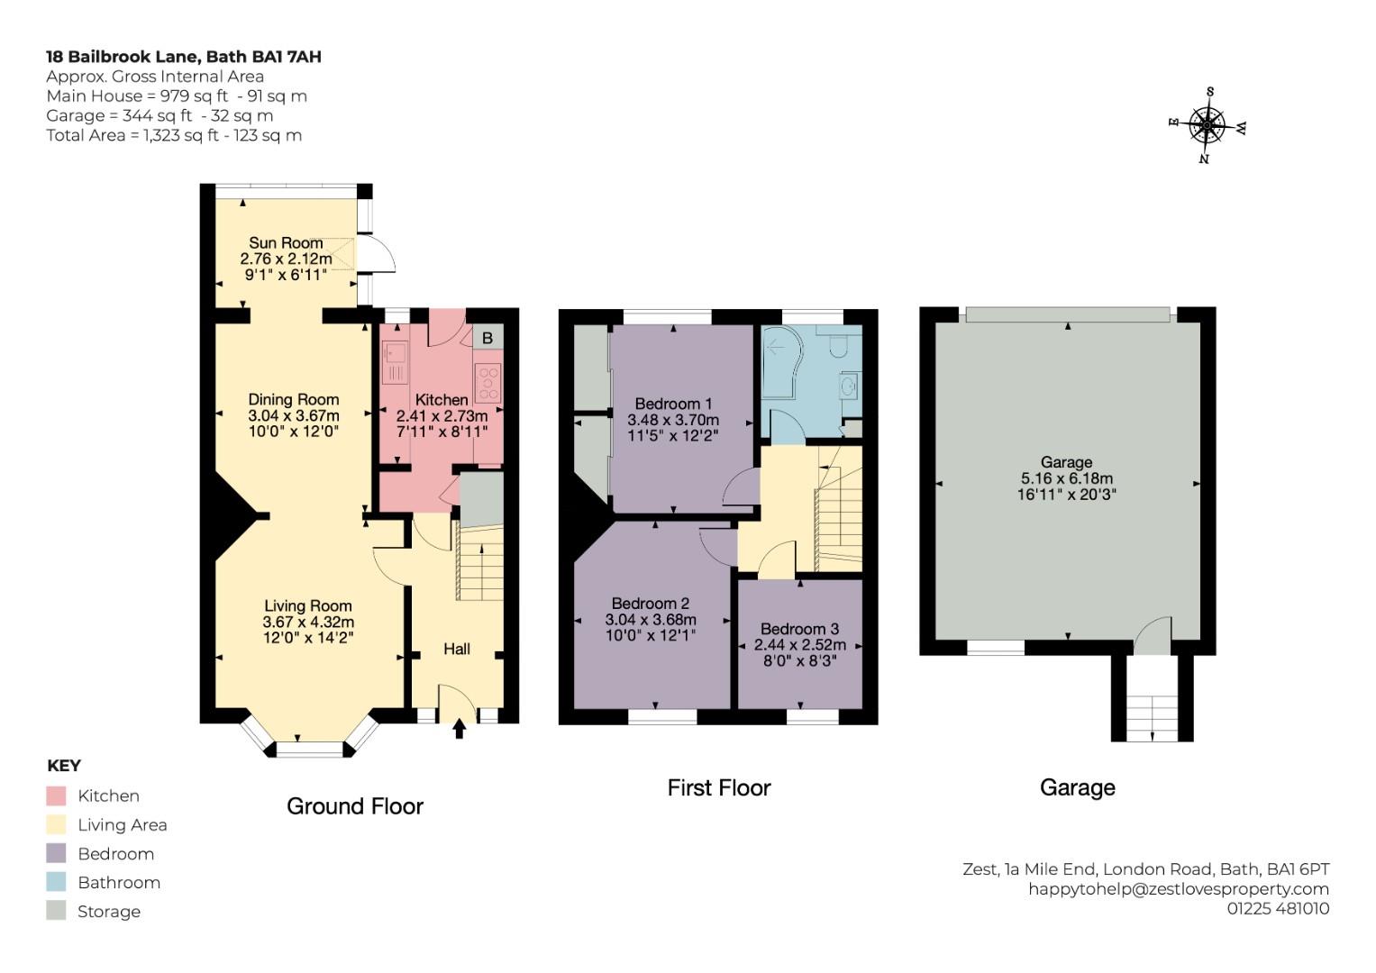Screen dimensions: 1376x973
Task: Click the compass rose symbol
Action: (1207, 125)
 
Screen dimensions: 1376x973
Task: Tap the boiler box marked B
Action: (488, 337)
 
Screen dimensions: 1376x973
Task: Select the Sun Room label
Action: (286, 242)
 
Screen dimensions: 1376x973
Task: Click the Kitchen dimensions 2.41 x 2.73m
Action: (442, 416)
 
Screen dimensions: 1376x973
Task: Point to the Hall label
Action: (457, 649)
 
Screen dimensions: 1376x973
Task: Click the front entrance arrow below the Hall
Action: (460, 729)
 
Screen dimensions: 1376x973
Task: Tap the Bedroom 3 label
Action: (800, 629)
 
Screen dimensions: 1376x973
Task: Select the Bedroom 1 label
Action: (673, 404)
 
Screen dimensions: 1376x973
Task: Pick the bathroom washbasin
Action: (851, 386)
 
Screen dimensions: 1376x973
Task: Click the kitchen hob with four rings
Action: (488, 383)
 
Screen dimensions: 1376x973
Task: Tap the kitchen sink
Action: (394, 362)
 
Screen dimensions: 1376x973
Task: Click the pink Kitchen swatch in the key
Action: (56, 796)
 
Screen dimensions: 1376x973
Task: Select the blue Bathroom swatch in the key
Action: (56, 882)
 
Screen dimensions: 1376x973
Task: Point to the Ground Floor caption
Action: (355, 806)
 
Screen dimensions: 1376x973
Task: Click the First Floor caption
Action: (719, 787)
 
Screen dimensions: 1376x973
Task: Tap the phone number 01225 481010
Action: (1278, 908)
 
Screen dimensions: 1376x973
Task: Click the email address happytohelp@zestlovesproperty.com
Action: (1179, 889)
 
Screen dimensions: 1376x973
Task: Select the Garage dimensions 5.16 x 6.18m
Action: (1067, 477)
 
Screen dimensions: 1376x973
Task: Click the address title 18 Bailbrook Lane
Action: (123, 57)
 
